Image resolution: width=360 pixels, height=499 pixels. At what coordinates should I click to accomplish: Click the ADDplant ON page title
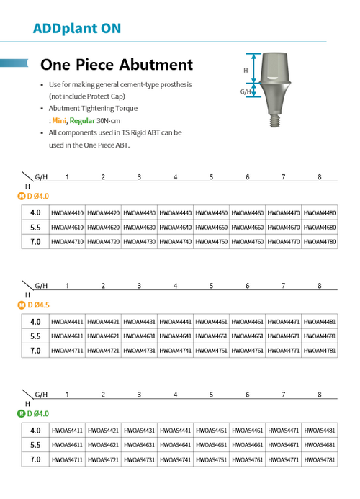pos(76,28)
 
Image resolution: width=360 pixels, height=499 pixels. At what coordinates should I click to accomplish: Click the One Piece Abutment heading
pos(116,65)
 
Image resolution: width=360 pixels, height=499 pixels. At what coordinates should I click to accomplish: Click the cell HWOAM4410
pos(68,213)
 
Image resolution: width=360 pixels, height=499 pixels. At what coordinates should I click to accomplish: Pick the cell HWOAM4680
pos(320,228)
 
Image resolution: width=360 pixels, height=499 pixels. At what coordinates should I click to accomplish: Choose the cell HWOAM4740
pos(176,242)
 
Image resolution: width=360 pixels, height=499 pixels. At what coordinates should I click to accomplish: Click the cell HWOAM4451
pos(212,322)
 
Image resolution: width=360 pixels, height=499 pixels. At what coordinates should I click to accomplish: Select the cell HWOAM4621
pos(104,336)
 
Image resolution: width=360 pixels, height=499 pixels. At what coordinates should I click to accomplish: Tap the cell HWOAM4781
pos(320,351)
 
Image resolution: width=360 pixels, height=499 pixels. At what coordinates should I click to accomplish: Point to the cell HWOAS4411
pos(68,431)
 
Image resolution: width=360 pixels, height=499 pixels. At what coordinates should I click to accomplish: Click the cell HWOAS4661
pos(248,445)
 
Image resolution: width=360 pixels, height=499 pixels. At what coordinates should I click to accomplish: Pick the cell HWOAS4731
pos(140,459)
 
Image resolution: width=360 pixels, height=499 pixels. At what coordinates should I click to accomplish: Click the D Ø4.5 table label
pos(37,305)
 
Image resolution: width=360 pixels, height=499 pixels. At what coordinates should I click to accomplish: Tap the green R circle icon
pos(22,413)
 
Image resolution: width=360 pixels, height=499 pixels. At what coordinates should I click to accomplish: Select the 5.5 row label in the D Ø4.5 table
pos(35,336)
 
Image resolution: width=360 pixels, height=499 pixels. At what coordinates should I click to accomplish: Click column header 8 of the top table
pos(320,177)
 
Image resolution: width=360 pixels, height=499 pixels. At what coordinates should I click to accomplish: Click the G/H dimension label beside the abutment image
pos(246,91)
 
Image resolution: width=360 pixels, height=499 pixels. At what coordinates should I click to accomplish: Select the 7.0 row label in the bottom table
pos(35,459)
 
